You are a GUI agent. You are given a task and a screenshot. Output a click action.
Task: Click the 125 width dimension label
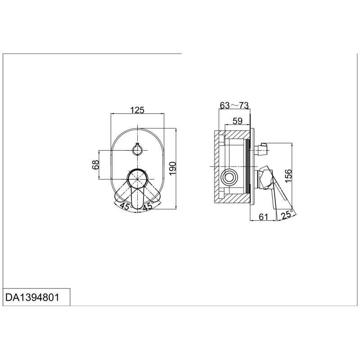pos(137,110)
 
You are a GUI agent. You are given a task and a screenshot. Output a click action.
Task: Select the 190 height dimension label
pos(172,168)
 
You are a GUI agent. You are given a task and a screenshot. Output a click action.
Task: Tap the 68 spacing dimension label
pos(95,164)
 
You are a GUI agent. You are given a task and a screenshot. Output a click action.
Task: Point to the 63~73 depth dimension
pos(234,105)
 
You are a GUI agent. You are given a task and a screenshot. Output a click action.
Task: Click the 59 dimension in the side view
pos(238,121)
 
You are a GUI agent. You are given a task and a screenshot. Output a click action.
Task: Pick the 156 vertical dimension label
pos(288,176)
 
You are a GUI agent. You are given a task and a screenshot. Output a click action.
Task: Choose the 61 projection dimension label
pos(263,216)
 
